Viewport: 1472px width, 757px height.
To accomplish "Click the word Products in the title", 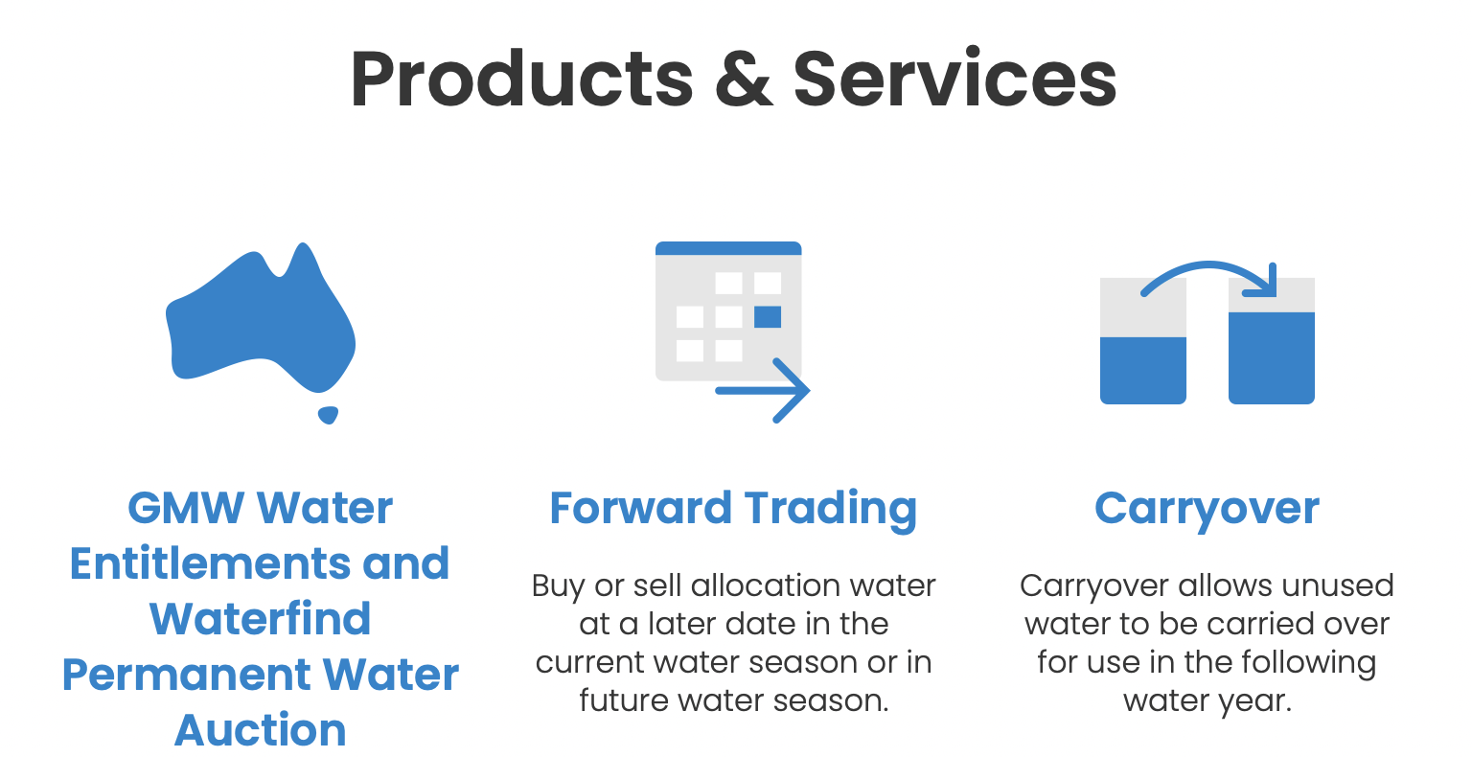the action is click(x=521, y=79).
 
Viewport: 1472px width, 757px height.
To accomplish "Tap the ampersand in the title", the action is click(x=744, y=79).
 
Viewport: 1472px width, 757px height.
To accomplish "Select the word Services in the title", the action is click(x=954, y=79).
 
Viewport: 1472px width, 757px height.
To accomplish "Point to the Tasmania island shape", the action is click(x=328, y=415).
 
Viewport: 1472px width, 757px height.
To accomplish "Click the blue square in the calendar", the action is click(x=768, y=317).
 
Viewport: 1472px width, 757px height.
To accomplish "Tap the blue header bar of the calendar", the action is click(x=728, y=248).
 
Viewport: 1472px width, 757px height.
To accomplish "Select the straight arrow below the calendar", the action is click(x=762, y=390).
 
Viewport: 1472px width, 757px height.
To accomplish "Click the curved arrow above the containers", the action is click(x=1209, y=265).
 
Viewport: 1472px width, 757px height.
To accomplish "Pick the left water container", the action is click(x=1142, y=341).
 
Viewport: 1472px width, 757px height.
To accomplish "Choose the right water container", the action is click(x=1272, y=341).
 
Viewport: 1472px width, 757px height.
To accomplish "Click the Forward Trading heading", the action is click(x=733, y=509).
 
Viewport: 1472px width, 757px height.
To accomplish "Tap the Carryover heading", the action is click(x=1207, y=510).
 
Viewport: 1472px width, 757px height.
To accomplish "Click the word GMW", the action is click(x=185, y=508).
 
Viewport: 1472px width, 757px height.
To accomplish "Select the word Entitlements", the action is click(x=210, y=563).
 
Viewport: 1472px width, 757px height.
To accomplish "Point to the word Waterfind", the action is click(x=261, y=618).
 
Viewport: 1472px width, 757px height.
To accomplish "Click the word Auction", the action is click(x=261, y=729).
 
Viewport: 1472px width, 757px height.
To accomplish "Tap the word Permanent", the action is click(x=186, y=675).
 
